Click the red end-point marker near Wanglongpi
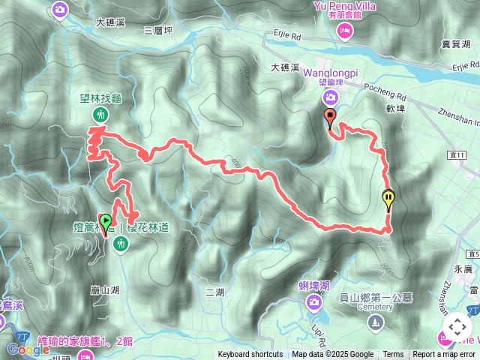click(x=329, y=116)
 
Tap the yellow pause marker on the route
click(x=388, y=199)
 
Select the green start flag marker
click(x=106, y=222)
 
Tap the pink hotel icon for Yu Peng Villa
click(x=345, y=30)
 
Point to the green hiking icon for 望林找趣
click(x=100, y=114)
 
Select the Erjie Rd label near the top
click(x=286, y=34)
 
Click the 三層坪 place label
click(x=157, y=30)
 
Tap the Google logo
click(x=28, y=349)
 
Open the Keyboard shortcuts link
click(x=250, y=355)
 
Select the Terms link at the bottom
click(x=393, y=355)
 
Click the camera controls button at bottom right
click(x=457, y=327)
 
